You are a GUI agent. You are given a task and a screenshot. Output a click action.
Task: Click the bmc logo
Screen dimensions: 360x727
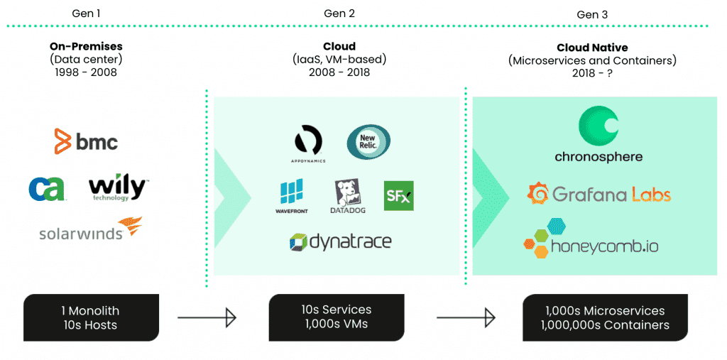tap(86, 141)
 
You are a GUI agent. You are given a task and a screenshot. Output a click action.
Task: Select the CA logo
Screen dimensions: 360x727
tap(47, 188)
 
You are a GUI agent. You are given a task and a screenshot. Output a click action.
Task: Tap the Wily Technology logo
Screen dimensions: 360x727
tap(118, 189)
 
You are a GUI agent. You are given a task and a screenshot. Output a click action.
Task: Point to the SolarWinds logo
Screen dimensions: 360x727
tap(90, 230)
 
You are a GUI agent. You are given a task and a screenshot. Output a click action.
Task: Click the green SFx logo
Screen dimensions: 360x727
tap(398, 195)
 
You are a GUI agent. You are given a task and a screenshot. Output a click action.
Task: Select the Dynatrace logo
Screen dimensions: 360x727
tap(340, 242)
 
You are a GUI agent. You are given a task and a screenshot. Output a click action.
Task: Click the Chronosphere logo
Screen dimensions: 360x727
tap(598, 136)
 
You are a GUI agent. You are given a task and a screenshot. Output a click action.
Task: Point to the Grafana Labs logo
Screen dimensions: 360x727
tap(598, 194)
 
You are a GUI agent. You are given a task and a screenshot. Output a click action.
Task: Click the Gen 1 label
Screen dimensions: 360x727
tap(87, 13)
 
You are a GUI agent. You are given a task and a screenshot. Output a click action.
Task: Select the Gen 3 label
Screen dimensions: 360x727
tap(591, 14)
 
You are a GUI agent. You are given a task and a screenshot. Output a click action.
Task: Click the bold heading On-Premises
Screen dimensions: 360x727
tap(87, 47)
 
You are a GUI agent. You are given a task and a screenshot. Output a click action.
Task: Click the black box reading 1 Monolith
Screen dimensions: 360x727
tap(90, 317)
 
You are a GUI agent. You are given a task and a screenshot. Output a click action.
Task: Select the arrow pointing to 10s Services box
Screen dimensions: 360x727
tap(207, 317)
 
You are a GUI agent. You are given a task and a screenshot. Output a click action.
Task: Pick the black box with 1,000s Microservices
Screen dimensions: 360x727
tap(604, 317)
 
